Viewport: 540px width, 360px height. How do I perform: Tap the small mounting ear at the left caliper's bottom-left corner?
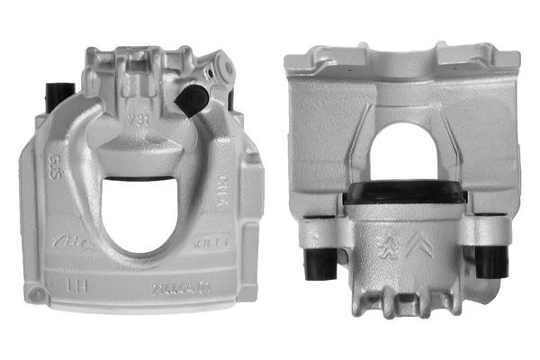coord(34,294)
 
